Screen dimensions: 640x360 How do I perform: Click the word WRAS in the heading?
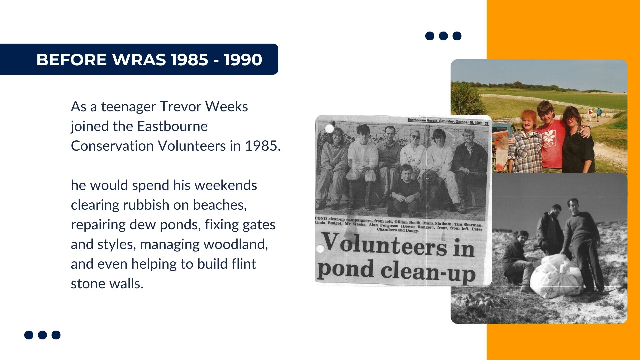tap(139, 60)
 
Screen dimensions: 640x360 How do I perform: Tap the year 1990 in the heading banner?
tap(243, 60)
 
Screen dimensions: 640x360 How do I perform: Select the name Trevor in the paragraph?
tap(181, 107)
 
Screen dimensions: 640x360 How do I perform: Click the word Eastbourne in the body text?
tap(172, 126)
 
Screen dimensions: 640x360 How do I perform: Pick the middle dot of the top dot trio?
tap(443, 36)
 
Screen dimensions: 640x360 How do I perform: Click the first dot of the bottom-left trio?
tap(29, 335)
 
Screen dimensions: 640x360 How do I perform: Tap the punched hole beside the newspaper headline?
tap(320, 248)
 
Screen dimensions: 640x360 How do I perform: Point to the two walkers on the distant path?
tap(594, 114)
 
